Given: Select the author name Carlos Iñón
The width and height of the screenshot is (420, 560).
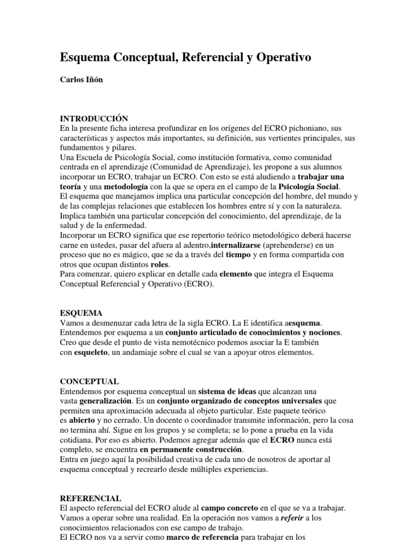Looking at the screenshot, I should tap(80, 79).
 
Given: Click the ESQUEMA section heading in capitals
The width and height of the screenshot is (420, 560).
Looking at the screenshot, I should tap(81, 313).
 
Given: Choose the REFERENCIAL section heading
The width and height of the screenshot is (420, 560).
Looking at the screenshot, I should tap(91, 498).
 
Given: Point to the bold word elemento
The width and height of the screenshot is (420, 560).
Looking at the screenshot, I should tap(235, 274).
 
